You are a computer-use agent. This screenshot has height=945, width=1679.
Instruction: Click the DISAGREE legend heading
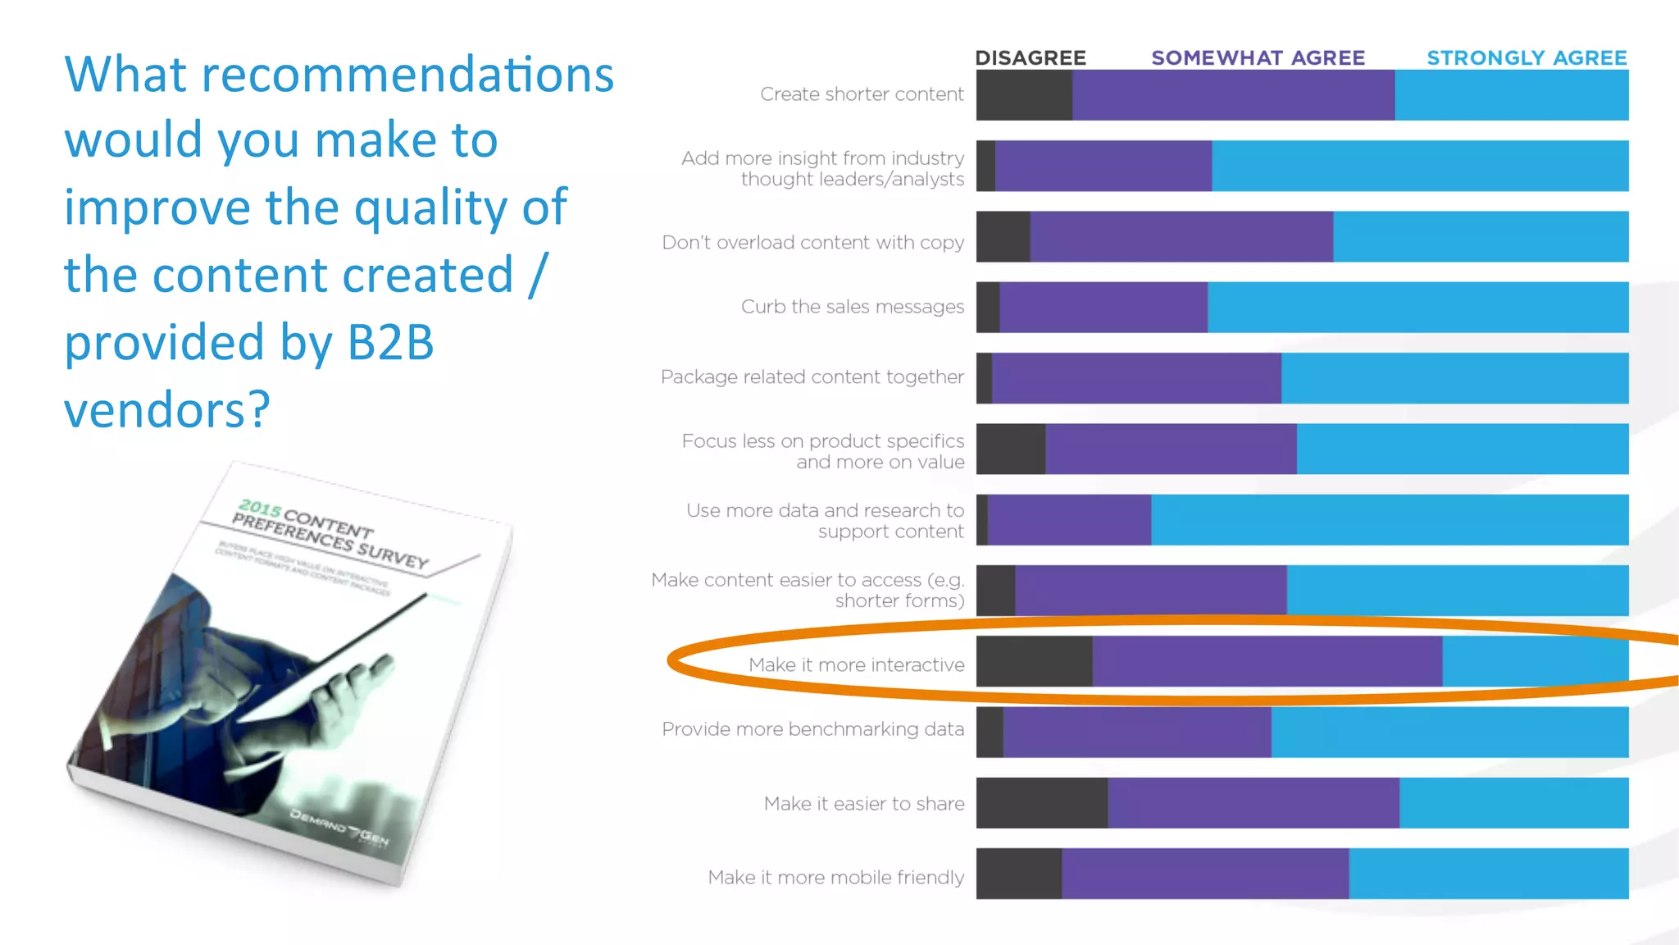pos(1030,57)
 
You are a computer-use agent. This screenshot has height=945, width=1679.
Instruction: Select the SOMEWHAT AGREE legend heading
pos(1258,57)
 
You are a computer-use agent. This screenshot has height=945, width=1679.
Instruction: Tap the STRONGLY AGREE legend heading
pos(1527,57)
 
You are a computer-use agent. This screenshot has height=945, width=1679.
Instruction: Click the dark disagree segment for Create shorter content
pos(1024,95)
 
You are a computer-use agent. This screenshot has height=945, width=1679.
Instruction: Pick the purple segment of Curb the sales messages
pos(1103,308)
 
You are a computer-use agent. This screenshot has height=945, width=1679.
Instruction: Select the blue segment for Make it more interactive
pos(1535,661)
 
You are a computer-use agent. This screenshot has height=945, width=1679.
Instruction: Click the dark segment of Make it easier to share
pos(1041,803)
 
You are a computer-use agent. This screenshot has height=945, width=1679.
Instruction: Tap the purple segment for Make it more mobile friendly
pos(1204,874)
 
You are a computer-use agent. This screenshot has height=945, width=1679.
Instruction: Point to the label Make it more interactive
pos(856,664)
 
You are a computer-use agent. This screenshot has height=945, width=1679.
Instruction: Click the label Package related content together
pos(812,377)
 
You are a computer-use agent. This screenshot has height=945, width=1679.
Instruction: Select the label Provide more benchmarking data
pos(812,728)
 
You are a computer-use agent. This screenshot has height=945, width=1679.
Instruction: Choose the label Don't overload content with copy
pos(812,242)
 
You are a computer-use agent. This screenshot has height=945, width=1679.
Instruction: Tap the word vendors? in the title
pos(167,409)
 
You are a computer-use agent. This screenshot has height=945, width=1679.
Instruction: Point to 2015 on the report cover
pos(260,509)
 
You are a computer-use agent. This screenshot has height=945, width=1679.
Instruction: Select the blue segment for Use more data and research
pos(1389,520)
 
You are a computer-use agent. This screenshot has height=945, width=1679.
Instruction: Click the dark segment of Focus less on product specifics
pos(1010,449)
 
